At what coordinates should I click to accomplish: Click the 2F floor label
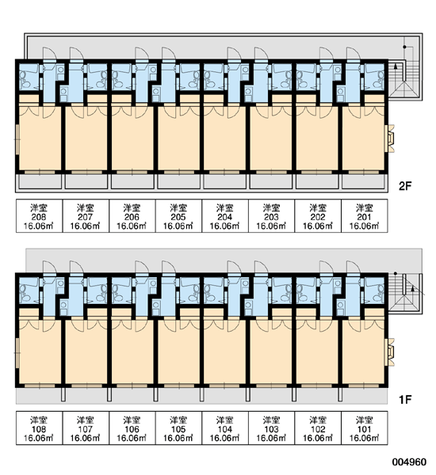pyautogui.click(x=404, y=186)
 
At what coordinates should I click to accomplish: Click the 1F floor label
pyautogui.click(x=404, y=400)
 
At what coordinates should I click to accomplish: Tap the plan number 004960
pyautogui.click(x=409, y=462)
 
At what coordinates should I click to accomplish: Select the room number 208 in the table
pyautogui.click(x=39, y=217)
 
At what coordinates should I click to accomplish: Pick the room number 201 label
pyautogui.click(x=365, y=217)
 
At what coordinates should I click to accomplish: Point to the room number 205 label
pyautogui.click(x=178, y=217)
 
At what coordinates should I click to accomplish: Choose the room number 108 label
pyautogui.click(x=39, y=429)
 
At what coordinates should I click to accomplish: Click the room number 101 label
pyautogui.click(x=365, y=429)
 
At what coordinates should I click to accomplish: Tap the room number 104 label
pyautogui.click(x=225, y=429)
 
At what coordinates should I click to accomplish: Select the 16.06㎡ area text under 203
pyautogui.click(x=271, y=226)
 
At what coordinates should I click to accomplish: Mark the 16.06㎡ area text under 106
pyautogui.click(x=132, y=438)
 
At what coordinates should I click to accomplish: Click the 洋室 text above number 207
pyautogui.click(x=86, y=208)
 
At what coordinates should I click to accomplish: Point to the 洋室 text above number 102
pyautogui.click(x=318, y=420)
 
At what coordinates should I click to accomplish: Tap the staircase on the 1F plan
pyautogui.click(x=405, y=293)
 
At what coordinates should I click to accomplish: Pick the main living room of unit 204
pyautogui.click(x=224, y=138)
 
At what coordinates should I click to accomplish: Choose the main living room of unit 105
pyautogui.click(x=178, y=351)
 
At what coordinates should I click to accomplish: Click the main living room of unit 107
pyautogui.click(x=86, y=351)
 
